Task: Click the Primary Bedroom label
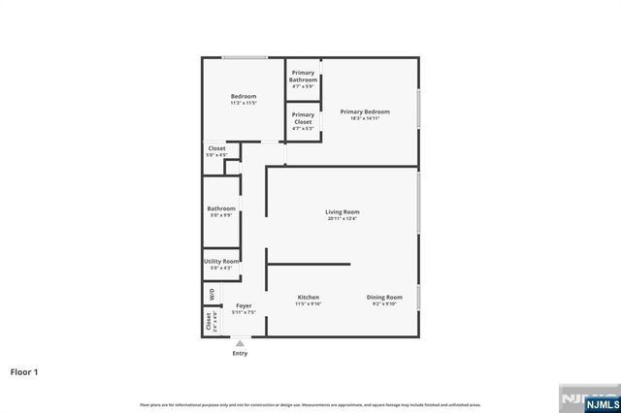tap(365, 111)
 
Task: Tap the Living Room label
tap(342, 211)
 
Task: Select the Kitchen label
tap(309, 297)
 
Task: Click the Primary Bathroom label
tap(304, 76)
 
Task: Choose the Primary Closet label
tap(303, 118)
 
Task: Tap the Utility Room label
tap(221, 262)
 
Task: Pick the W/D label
tap(211, 294)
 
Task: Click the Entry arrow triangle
tap(240, 342)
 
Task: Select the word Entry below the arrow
tap(240, 353)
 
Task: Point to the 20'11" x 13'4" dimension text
tap(342, 218)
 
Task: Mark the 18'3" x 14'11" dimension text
tap(365, 118)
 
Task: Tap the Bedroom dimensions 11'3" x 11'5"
tap(244, 103)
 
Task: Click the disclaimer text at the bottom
tap(310, 403)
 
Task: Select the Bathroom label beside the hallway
tap(221, 208)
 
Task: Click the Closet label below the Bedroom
tap(216, 148)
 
